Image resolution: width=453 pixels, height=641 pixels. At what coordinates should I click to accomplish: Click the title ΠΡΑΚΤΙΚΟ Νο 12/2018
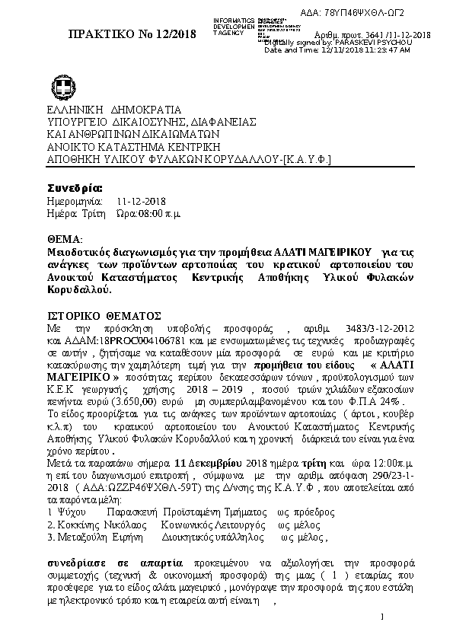(132, 34)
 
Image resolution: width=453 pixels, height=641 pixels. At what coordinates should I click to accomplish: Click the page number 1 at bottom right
(381, 614)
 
